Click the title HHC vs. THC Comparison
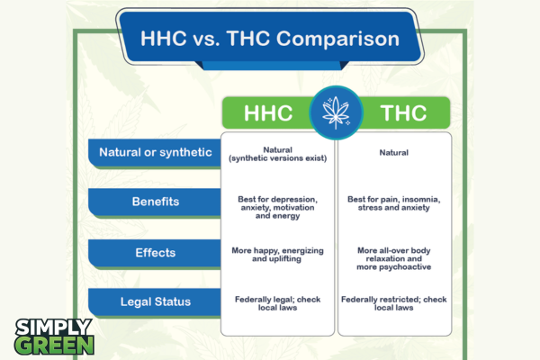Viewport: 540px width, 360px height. (269, 40)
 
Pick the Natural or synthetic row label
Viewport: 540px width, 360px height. (155, 153)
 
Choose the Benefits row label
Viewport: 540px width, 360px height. (155, 202)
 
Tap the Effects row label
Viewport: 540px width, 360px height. (155, 254)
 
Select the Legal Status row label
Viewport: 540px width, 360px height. (155, 302)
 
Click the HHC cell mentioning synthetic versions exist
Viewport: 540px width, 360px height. (278, 153)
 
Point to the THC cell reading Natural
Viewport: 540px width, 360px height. (394, 153)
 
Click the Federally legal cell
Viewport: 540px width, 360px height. (278, 302)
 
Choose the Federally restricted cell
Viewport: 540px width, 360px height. (394, 302)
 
